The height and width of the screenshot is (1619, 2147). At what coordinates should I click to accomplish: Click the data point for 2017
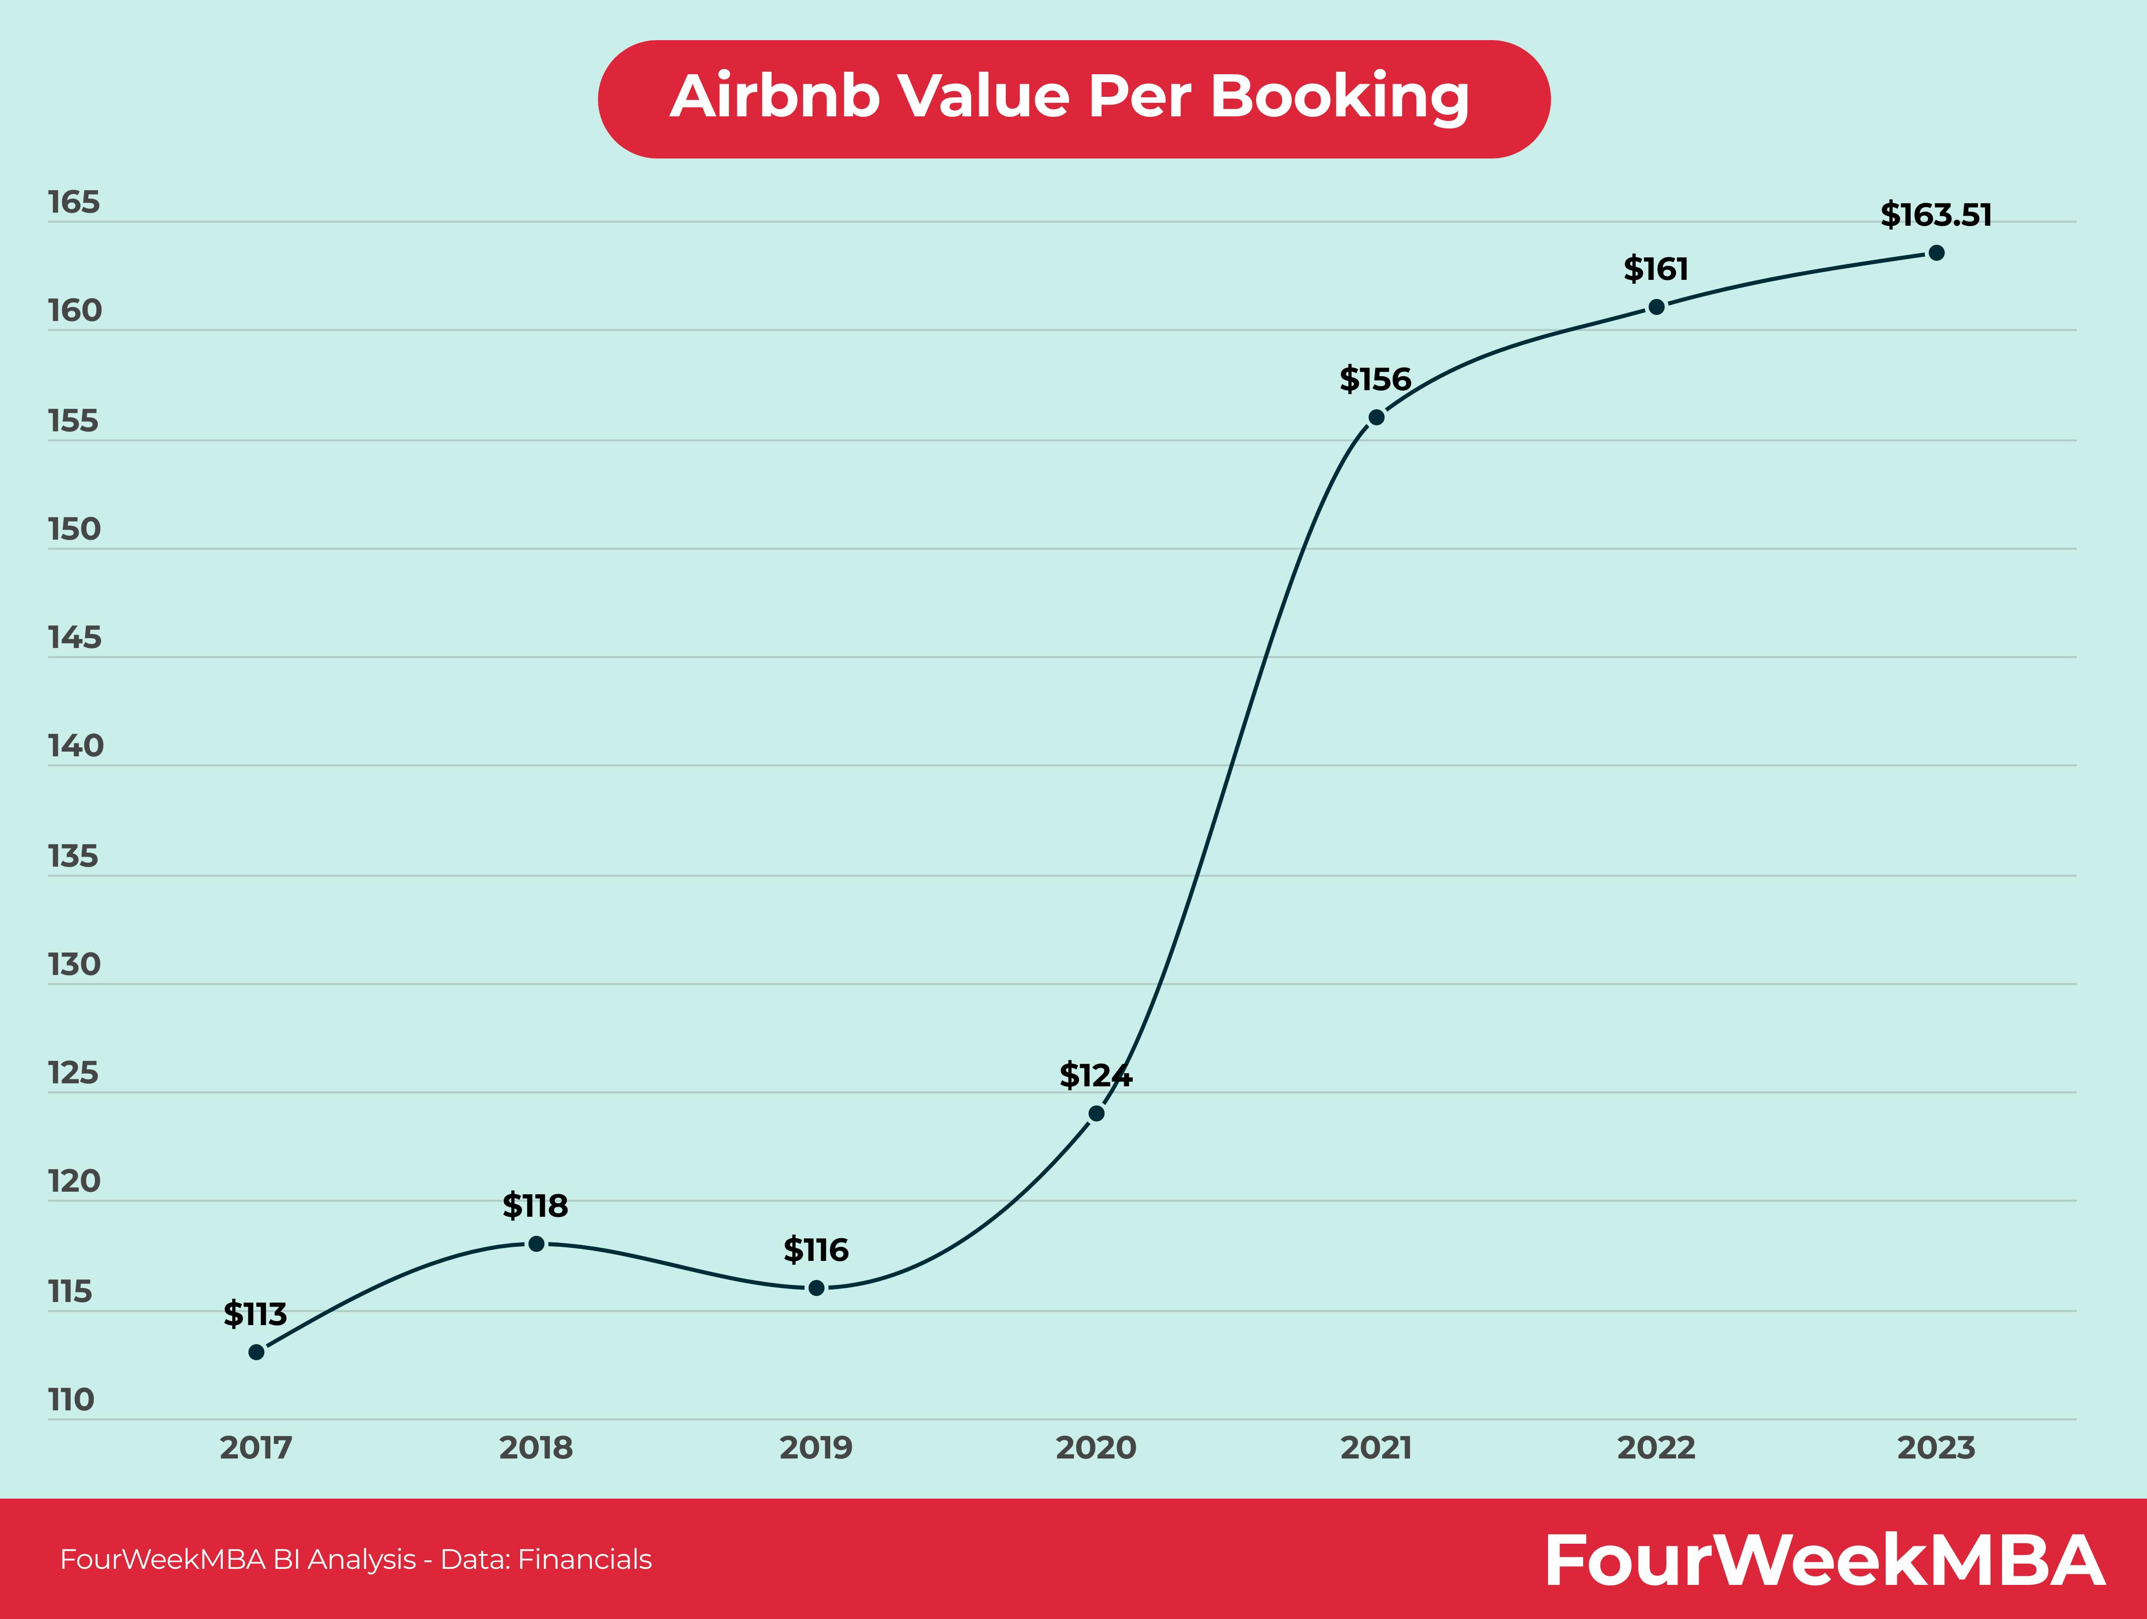[x=256, y=1352]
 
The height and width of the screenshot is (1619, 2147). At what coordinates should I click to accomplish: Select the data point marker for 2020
[x=1096, y=1113]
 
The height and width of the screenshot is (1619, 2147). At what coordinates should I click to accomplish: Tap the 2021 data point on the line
[x=1376, y=417]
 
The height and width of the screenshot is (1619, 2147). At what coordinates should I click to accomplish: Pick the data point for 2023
[x=1936, y=253]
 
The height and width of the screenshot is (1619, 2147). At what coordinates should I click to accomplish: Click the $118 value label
[x=535, y=1206]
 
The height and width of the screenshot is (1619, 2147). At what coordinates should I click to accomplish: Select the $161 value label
[x=1656, y=269]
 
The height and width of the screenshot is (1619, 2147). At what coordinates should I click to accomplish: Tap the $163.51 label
[x=1935, y=215]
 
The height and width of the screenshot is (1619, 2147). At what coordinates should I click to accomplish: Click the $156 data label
[x=1375, y=380]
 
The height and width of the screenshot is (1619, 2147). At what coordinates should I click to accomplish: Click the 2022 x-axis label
[x=1656, y=1448]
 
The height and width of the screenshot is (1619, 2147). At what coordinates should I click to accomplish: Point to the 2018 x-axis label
[x=536, y=1448]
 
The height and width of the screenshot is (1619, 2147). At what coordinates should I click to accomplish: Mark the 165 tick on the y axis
[x=74, y=202]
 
